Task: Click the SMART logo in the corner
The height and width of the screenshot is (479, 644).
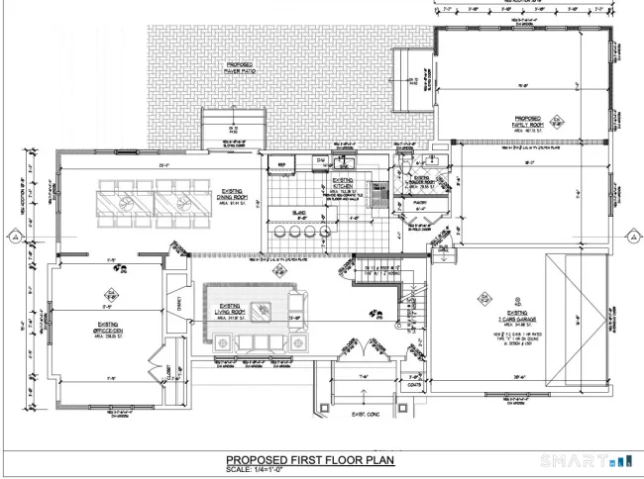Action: pos(585,461)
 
